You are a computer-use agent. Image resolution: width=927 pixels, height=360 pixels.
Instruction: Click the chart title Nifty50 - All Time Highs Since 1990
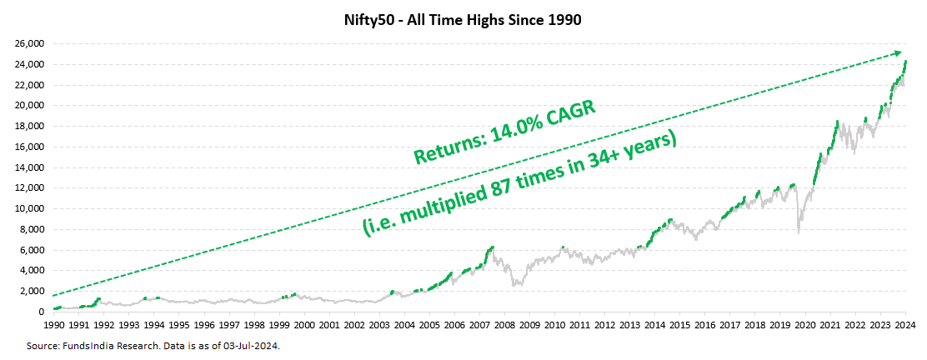coord(463,19)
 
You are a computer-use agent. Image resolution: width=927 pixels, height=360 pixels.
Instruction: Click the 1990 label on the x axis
coord(54,324)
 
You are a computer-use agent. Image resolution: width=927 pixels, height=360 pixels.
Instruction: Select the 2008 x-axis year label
coord(504,324)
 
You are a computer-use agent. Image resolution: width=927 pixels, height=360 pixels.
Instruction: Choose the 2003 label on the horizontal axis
coord(379,324)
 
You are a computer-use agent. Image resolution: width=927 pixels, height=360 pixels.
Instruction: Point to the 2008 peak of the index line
coord(493,247)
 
